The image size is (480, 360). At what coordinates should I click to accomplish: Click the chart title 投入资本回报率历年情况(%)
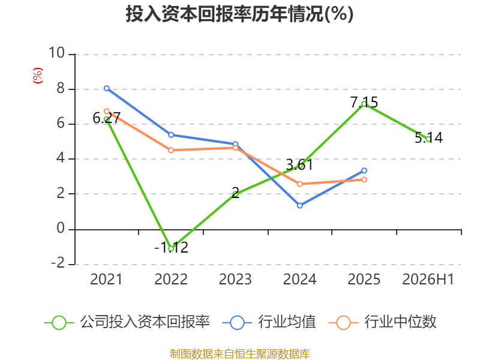tap(239, 14)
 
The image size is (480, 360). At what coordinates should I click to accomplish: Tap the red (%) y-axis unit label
tap(38, 76)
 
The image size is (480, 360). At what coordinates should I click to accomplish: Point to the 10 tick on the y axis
tap(57, 53)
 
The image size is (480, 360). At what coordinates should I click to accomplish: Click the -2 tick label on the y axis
tap(58, 263)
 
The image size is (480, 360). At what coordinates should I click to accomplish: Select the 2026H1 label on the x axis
tap(428, 279)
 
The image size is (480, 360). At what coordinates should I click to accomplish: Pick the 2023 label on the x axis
tap(235, 279)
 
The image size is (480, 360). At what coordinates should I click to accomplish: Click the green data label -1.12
tap(171, 247)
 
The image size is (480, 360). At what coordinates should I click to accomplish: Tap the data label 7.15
tap(364, 102)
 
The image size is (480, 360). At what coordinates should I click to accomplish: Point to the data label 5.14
tap(428, 138)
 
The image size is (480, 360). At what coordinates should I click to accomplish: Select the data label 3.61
tap(299, 165)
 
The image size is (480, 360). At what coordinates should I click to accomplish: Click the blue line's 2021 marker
tap(107, 88)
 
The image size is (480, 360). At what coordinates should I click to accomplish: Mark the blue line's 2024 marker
tap(299, 205)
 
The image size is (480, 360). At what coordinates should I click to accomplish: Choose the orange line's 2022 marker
tap(171, 150)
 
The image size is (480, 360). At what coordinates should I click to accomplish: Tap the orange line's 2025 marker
tap(364, 179)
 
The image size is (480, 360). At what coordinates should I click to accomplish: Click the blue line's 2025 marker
tap(364, 170)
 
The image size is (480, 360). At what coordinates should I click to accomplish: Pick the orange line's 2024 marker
tap(299, 184)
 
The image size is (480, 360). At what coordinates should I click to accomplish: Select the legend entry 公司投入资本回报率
tap(127, 322)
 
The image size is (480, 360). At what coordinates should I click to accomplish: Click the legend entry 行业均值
tap(269, 322)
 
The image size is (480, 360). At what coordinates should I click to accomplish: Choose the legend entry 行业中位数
tap(382, 322)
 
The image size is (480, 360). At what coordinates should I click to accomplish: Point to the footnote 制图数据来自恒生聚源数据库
tap(240, 354)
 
